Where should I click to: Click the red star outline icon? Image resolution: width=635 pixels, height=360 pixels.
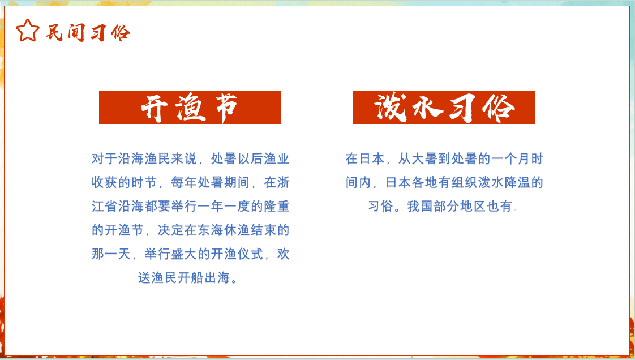[x=28, y=31]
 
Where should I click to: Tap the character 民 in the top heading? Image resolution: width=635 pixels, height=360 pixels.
[x=54, y=32]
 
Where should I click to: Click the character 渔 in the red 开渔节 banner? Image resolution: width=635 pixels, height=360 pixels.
[x=190, y=108]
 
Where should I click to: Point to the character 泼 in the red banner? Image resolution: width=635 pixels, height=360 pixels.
[x=391, y=108]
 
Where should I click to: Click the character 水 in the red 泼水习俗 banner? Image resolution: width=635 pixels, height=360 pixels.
[x=428, y=108]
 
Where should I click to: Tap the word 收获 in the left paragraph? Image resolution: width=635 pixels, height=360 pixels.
[x=105, y=182]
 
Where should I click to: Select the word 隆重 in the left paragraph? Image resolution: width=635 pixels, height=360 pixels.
[x=277, y=206]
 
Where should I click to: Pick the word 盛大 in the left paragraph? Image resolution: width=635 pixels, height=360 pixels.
[x=184, y=254]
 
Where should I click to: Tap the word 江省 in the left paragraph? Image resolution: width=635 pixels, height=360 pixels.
[x=105, y=206]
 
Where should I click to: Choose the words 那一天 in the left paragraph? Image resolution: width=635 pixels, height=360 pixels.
[x=111, y=254]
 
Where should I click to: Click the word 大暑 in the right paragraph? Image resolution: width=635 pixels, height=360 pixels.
[x=424, y=158]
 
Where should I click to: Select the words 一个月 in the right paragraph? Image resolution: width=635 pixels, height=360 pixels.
[x=510, y=158]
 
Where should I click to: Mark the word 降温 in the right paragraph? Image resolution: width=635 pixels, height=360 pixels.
[x=517, y=182]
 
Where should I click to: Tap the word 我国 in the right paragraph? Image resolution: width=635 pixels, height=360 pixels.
[x=420, y=206]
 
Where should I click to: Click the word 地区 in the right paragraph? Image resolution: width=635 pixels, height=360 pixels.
[x=473, y=206]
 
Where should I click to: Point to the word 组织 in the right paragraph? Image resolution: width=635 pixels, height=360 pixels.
[x=464, y=182]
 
